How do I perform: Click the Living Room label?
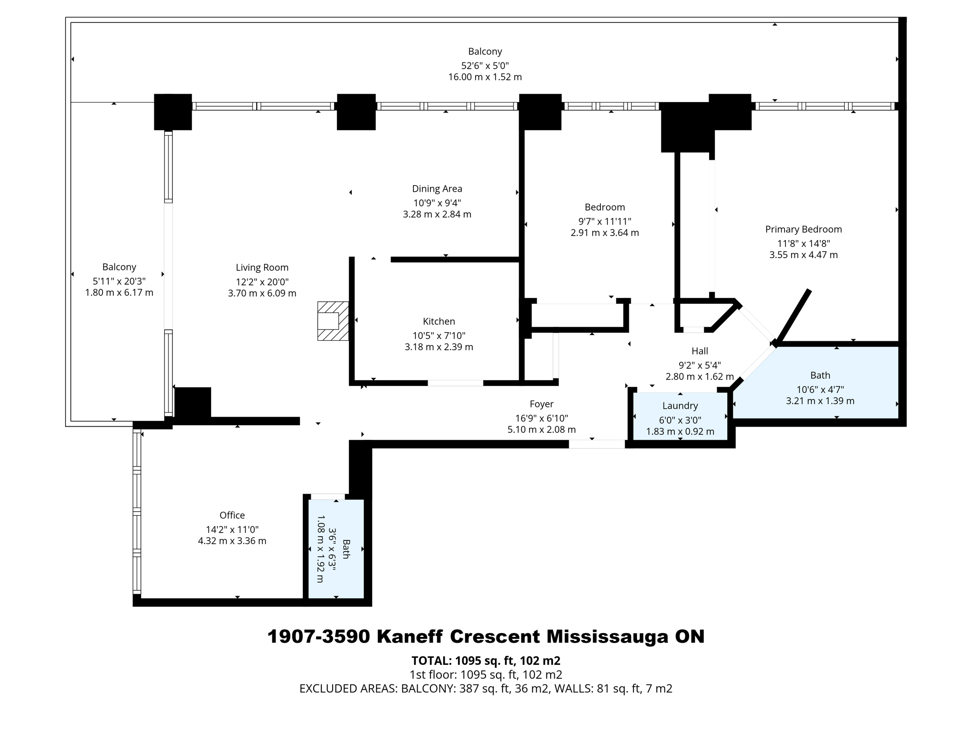262,268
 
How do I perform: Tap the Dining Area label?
437,189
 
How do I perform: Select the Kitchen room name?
439,321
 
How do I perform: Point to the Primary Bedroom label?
803,229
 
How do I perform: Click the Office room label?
232,515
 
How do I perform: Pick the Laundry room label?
680,406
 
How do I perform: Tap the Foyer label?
542,404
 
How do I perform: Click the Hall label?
700,351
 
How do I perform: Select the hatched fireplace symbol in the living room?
333,321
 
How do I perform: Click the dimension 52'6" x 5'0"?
485,65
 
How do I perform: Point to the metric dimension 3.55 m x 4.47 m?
803,255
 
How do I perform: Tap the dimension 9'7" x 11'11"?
605,221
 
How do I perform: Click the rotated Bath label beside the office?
346,549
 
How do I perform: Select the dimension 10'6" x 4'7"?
820,390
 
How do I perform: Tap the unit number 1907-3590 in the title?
318,637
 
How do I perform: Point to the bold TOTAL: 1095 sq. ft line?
486,661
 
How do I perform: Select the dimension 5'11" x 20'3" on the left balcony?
119,281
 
